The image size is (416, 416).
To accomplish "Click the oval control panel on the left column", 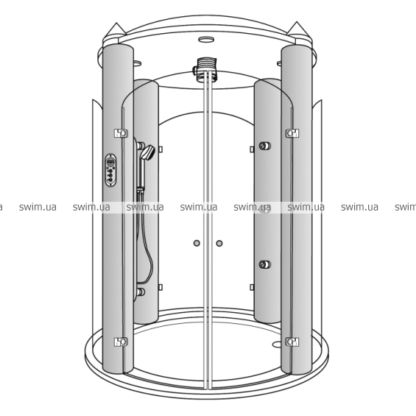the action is pos(110,170).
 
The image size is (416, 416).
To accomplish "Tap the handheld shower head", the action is pos(147,152).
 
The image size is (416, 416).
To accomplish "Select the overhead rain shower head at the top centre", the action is pos(205,68).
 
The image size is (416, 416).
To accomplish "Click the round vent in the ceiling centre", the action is pos(206,40).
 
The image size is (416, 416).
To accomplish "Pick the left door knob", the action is pos(197,243).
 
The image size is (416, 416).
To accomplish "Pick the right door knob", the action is pos(219,243).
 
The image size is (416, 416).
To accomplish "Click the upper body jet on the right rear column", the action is pos(265,146).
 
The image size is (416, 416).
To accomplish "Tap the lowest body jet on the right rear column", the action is pos(265,264).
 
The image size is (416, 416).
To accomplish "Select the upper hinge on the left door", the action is pos(121,133).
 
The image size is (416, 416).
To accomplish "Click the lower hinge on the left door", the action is pos(121,342).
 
